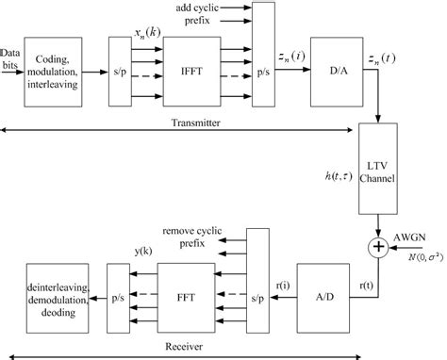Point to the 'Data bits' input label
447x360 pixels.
point(12,56)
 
